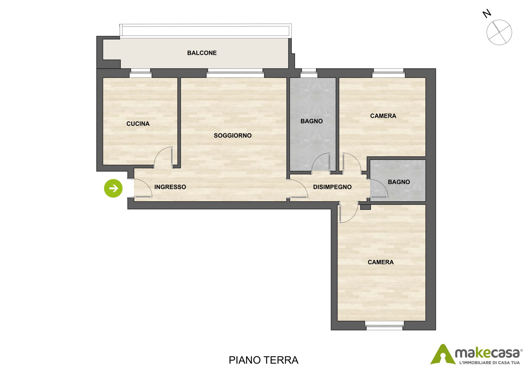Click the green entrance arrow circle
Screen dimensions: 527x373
(113, 188)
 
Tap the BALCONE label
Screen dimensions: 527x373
(202, 53)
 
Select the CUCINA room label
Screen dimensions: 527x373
(138, 124)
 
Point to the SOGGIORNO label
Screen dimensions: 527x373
(232, 136)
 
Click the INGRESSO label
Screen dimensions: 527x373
(170, 187)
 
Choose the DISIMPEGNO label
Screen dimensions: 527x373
(332, 187)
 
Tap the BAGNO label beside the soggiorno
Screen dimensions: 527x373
(312, 121)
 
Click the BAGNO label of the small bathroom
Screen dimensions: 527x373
(399, 182)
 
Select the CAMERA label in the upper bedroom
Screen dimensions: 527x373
(383, 116)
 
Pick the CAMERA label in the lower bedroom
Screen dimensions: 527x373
(380, 262)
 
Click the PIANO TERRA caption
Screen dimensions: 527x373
(263, 360)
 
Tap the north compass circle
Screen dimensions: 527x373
(499, 32)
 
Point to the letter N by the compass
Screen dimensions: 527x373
(487, 13)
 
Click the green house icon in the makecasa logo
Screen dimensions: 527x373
(443, 355)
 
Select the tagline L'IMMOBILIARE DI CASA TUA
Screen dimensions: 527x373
(489, 363)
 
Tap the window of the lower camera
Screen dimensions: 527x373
(384, 326)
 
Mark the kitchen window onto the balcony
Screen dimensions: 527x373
(140, 73)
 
